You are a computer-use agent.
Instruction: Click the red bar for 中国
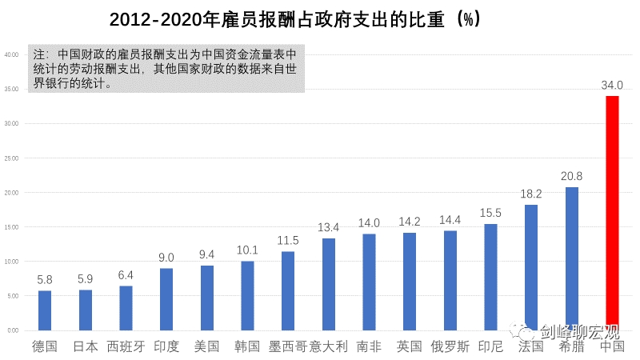612,213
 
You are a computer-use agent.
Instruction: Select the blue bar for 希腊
572,258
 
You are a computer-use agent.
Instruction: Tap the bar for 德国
45,310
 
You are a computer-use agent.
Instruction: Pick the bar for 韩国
247,296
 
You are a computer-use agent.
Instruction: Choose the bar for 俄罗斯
450,280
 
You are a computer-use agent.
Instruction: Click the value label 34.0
612,85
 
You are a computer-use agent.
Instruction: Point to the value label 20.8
572,176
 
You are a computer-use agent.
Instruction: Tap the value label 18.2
531,194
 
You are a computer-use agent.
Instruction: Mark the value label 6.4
126,275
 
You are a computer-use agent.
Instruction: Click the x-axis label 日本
85,346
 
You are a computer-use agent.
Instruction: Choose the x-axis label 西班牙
126,346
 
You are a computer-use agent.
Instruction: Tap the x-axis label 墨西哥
287,346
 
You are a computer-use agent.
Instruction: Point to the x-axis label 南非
369,346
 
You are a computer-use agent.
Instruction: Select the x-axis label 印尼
490,346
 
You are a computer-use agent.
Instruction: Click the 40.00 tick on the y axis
12,55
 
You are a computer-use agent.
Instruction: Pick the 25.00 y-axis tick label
12,158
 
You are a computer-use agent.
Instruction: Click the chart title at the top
295,18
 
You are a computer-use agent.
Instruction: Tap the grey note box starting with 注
166,69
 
